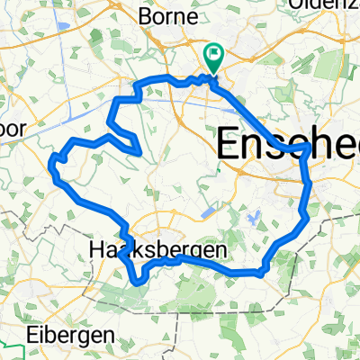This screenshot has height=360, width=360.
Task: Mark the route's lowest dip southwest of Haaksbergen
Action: click(138, 281)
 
